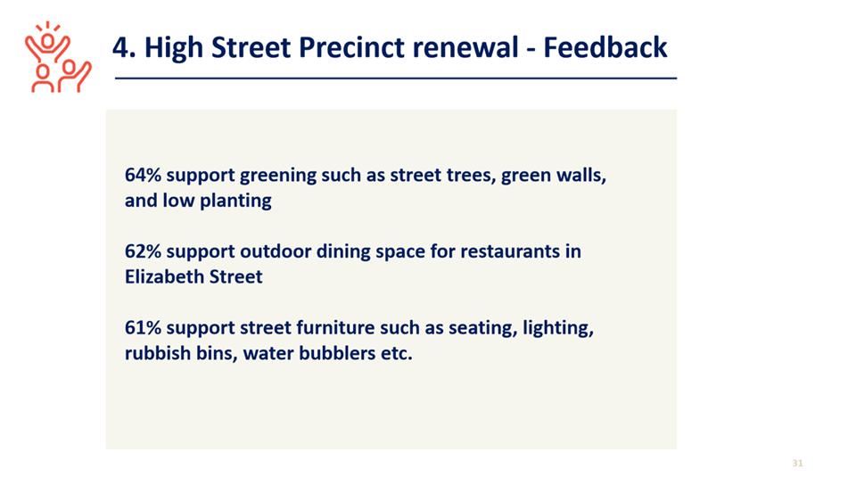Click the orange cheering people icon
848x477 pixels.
click(x=58, y=57)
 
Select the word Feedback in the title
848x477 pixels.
click(x=605, y=47)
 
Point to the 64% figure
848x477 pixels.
click(x=143, y=176)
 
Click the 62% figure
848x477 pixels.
click(x=143, y=251)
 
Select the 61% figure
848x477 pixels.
click(x=143, y=328)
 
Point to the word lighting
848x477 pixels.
click(x=557, y=329)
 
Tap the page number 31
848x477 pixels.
click(x=798, y=463)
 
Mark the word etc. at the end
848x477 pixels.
click(x=398, y=354)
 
